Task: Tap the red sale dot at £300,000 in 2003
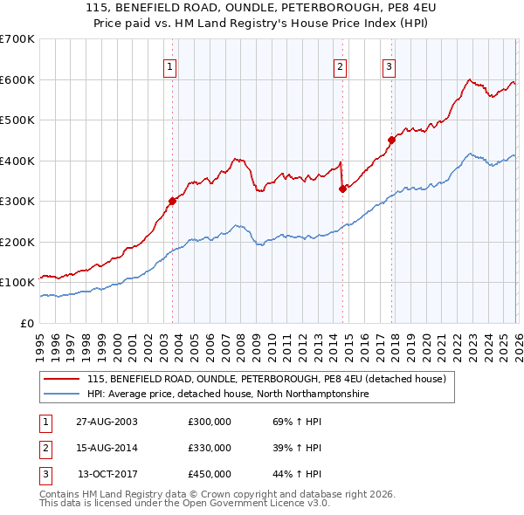click(173, 201)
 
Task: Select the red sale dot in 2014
click(342, 189)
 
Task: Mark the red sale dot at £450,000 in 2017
click(392, 140)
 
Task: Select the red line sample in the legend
click(63, 380)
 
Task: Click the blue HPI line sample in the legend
click(63, 395)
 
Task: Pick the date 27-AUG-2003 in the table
click(107, 422)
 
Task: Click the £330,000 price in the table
click(210, 448)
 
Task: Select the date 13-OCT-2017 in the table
click(107, 474)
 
